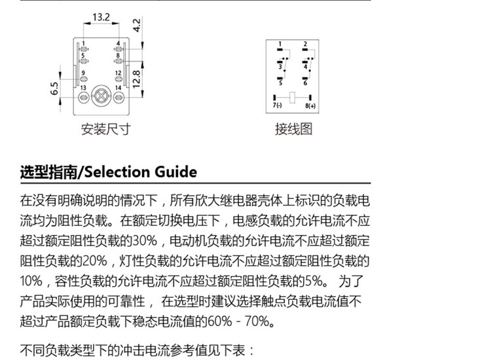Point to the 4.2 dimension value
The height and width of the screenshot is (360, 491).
[x=137, y=25]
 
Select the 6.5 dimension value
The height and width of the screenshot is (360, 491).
[x=54, y=88]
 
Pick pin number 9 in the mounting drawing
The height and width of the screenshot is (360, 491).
[x=83, y=73]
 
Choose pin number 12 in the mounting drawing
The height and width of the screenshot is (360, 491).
[x=118, y=73]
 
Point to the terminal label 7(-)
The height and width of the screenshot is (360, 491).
[x=277, y=105]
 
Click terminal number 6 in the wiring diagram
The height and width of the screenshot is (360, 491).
[x=305, y=83]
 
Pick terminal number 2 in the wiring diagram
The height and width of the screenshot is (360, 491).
[x=305, y=45]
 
